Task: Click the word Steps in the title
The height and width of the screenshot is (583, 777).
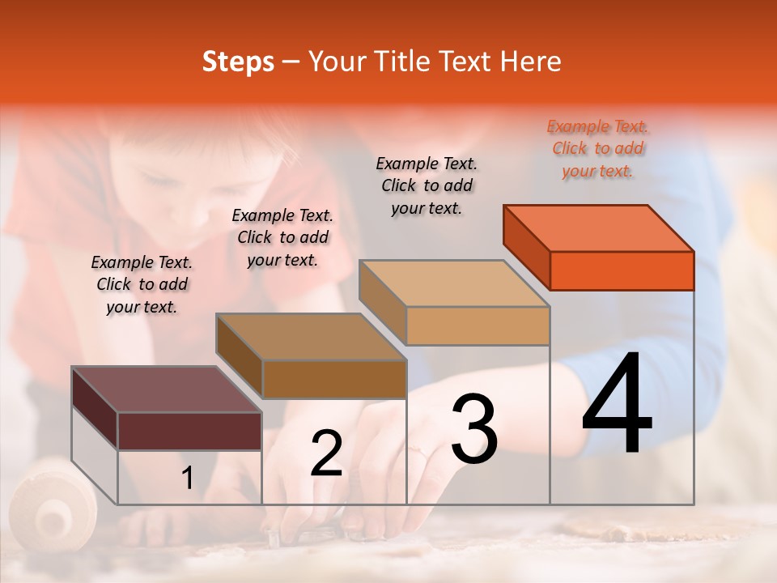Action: pos(238,62)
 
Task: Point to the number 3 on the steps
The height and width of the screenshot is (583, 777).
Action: pos(474,429)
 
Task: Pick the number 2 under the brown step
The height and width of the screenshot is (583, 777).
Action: pos(326,453)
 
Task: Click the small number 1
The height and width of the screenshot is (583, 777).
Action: pos(187,479)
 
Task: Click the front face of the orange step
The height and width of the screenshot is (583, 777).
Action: pos(622,270)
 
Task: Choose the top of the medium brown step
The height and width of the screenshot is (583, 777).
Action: pos(311,336)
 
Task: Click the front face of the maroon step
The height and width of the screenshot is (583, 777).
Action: pos(189,431)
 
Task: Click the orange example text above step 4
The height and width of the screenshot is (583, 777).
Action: pos(598,149)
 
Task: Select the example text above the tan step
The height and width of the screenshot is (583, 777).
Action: pos(427,185)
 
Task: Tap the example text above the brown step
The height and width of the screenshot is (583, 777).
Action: pos(282,237)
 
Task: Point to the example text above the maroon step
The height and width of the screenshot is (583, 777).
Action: pos(142,284)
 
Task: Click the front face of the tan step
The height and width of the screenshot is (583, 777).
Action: pos(478,326)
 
